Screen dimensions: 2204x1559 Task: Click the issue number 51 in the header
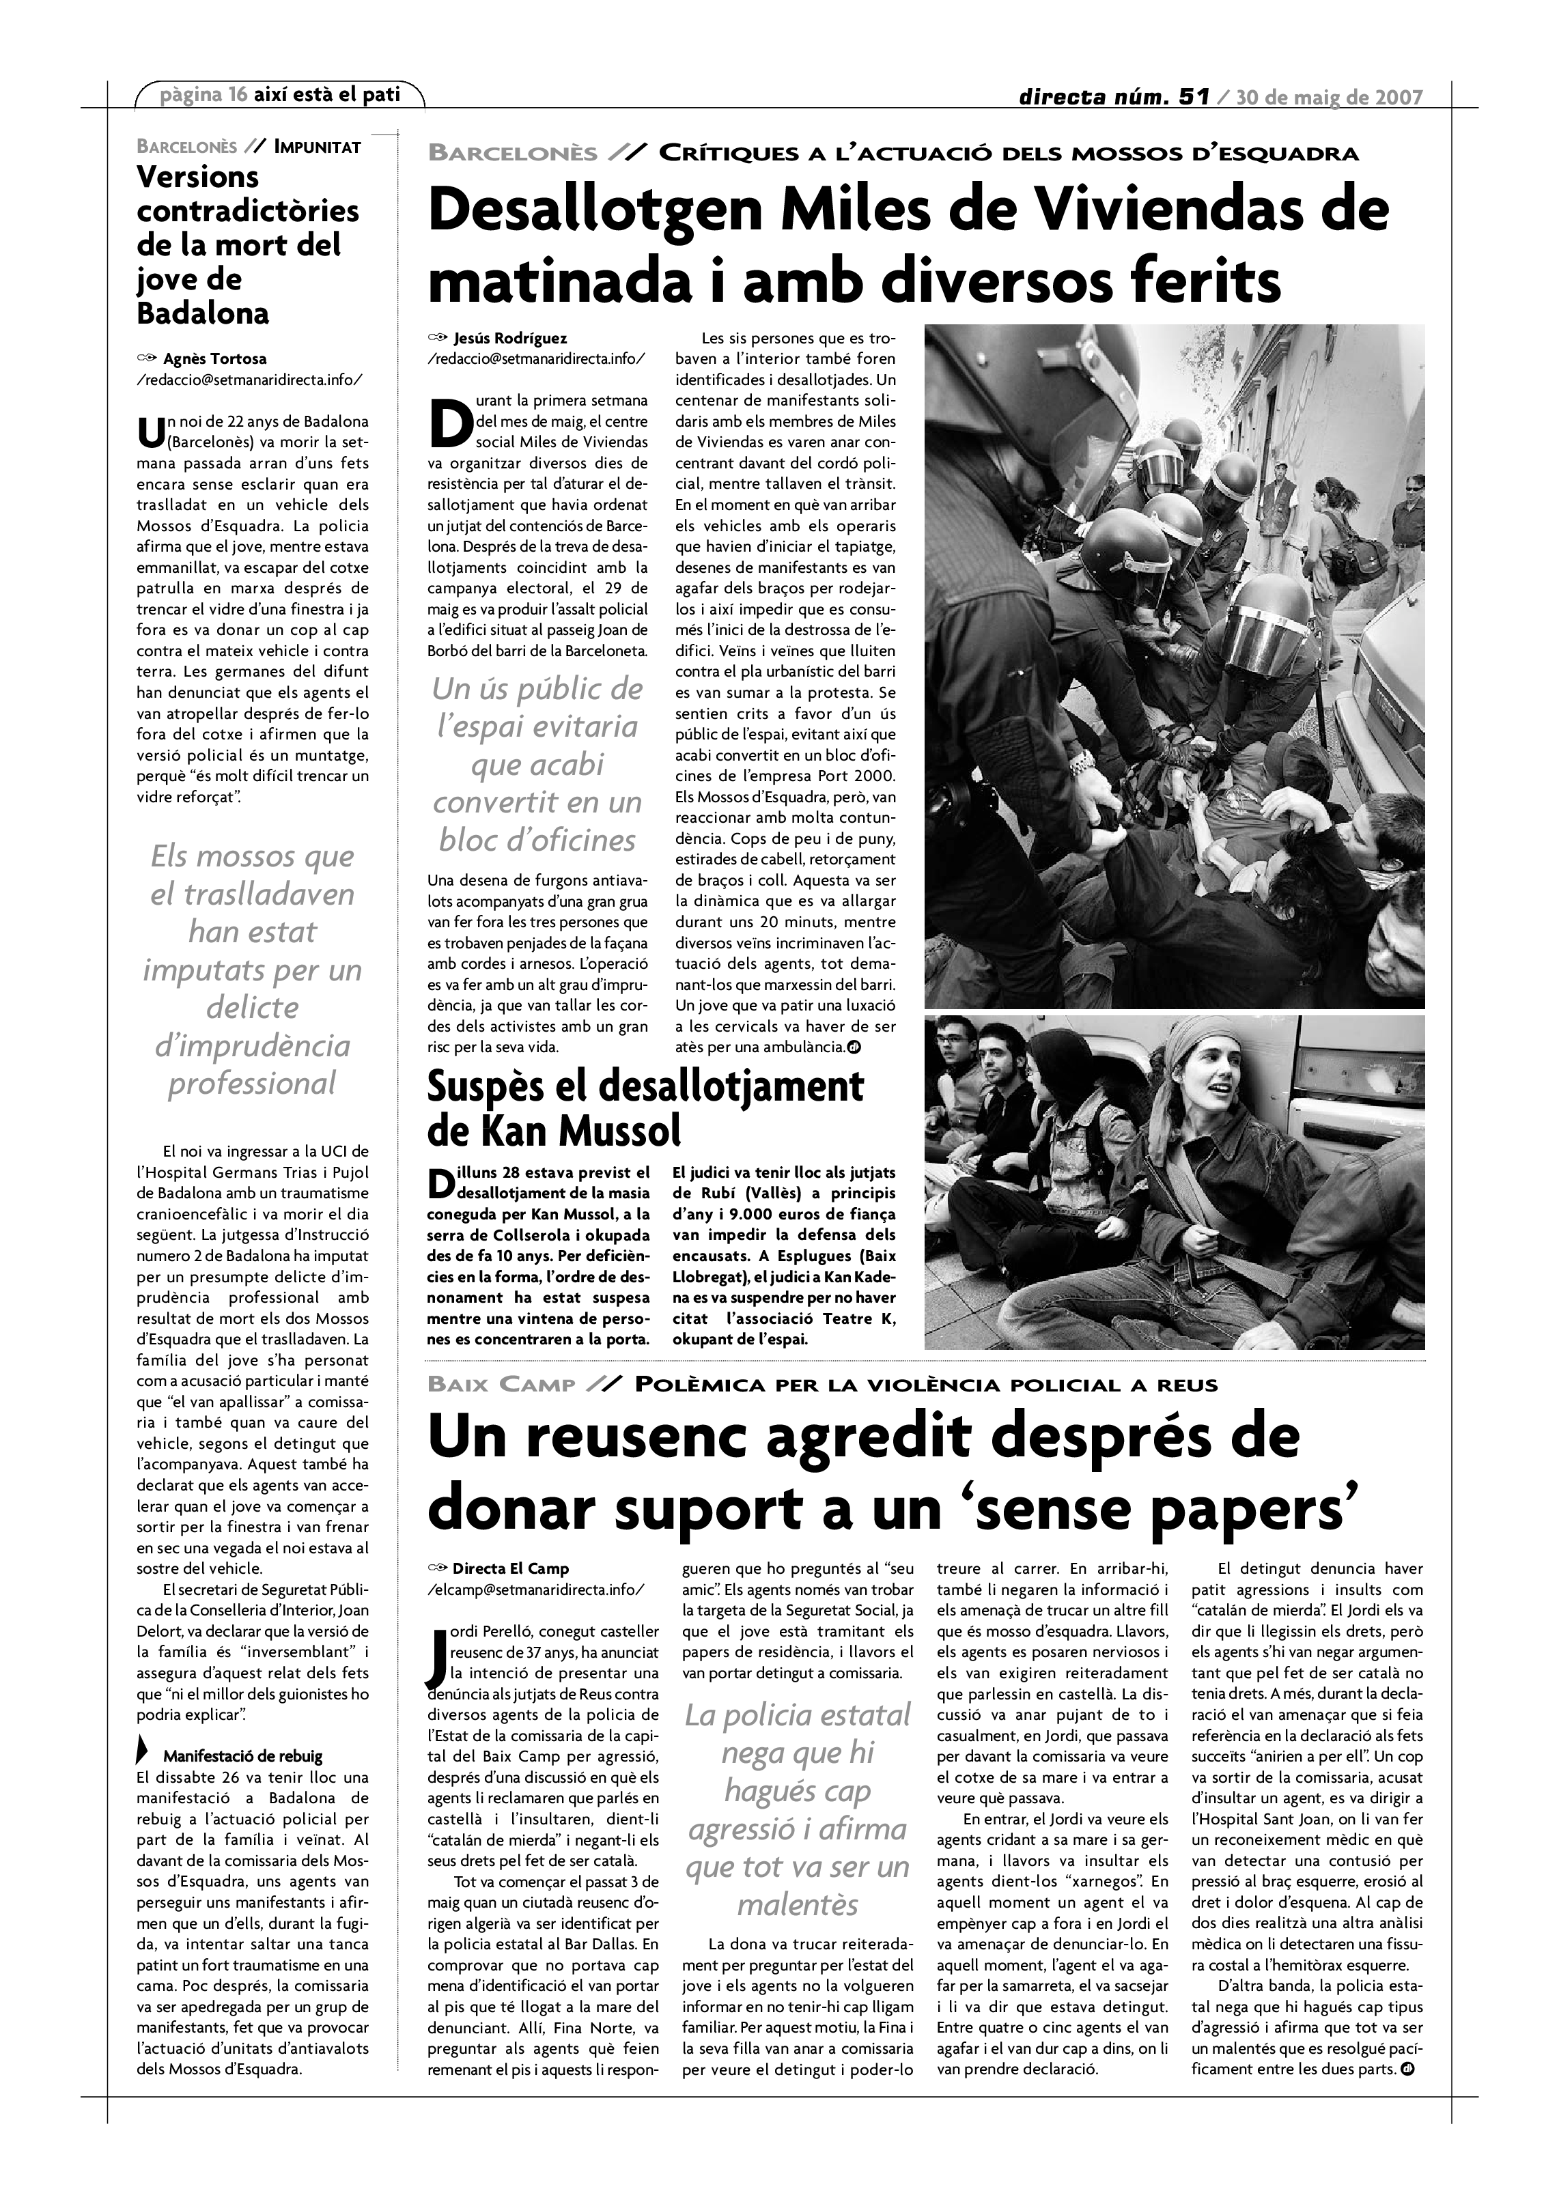click(x=1192, y=97)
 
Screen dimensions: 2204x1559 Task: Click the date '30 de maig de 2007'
click(x=1329, y=97)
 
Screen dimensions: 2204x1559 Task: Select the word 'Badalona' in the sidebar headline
click(x=203, y=314)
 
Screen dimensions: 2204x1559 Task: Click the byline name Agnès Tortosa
click(x=215, y=359)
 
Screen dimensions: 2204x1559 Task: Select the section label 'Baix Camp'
click(x=501, y=1385)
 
